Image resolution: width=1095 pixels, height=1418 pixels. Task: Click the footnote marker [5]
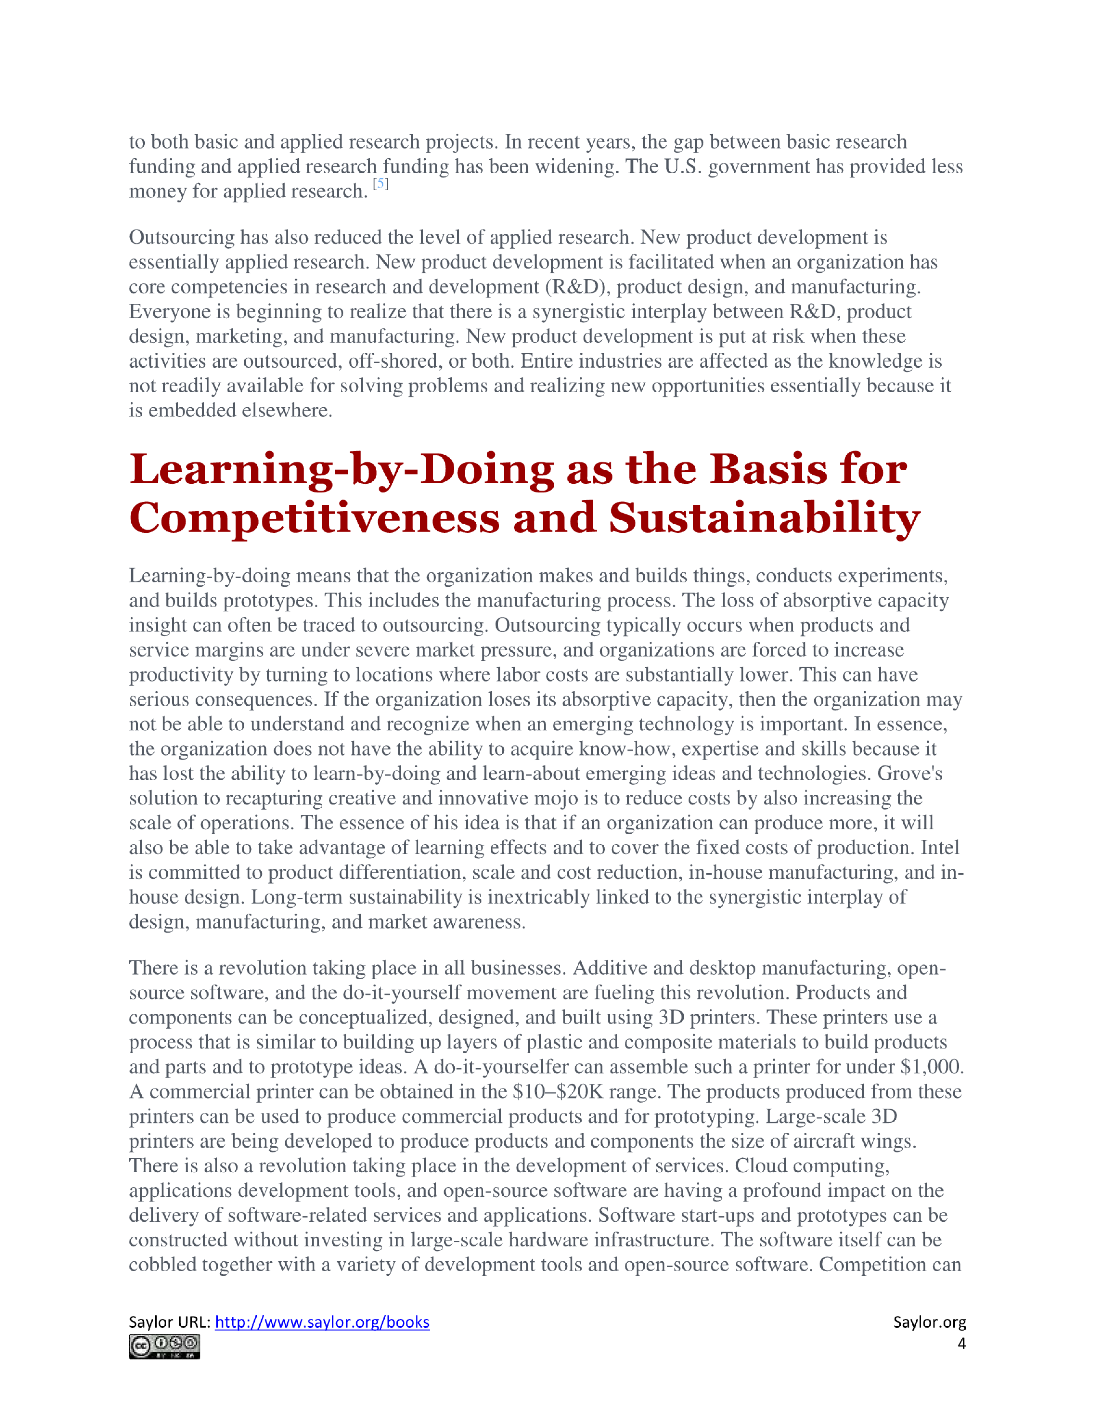point(380,184)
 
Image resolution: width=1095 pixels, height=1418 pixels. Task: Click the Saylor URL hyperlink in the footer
point(322,1323)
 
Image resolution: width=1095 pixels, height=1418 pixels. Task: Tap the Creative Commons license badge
point(164,1347)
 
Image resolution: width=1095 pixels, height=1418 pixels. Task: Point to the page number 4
point(961,1344)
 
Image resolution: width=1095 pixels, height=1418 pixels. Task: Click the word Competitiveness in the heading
point(314,519)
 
